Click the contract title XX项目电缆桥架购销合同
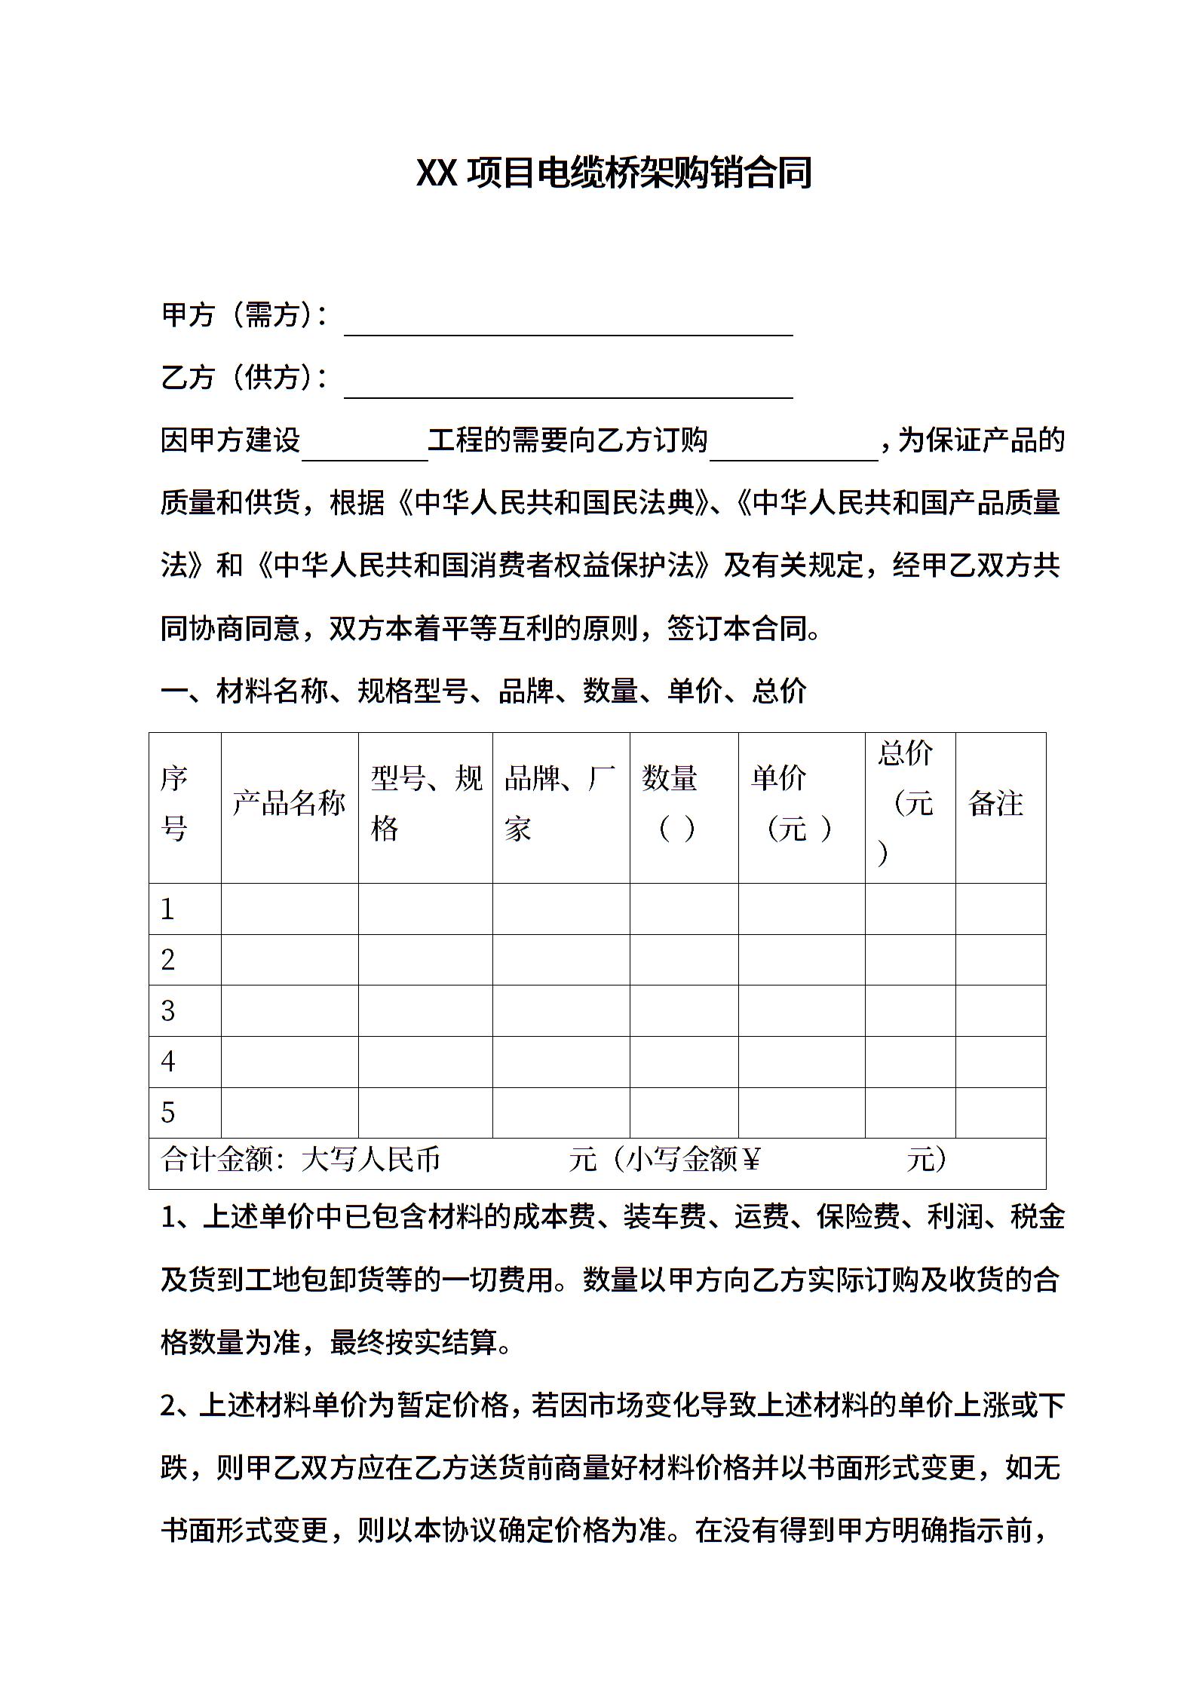(x=613, y=173)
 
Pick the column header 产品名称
(x=289, y=804)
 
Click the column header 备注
(x=995, y=804)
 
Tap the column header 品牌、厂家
(x=560, y=804)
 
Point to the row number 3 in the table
(x=168, y=1011)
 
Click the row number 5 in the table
(x=168, y=1113)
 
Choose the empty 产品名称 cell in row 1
(x=289, y=909)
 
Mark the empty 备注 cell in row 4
(x=1000, y=1062)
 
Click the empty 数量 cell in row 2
(x=683, y=960)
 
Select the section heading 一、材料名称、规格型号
(x=483, y=691)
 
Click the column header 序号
(x=174, y=804)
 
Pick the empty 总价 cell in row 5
(x=909, y=1113)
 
